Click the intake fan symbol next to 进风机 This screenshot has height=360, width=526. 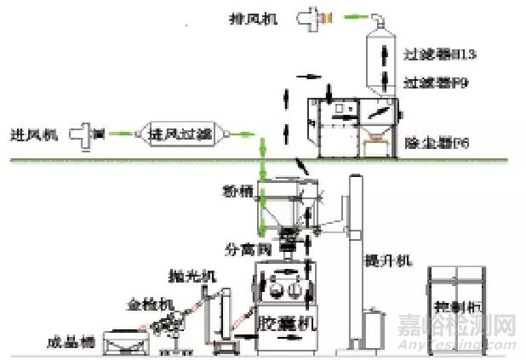pyautogui.click(x=86, y=134)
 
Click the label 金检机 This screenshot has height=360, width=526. pyautogui.click(x=144, y=302)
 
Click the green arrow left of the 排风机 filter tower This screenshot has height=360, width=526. pyautogui.click(x=348, y=16)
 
